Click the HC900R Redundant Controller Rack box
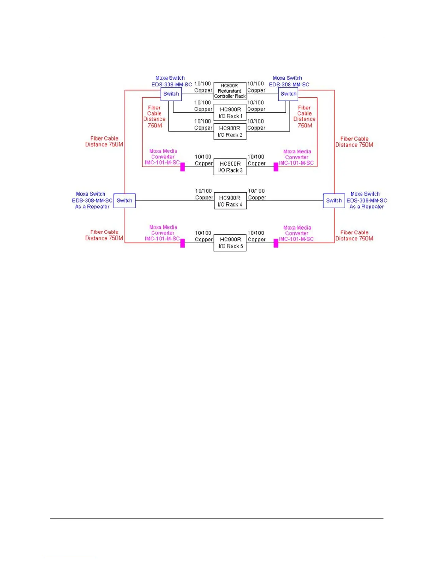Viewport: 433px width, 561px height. [x=230, y=91]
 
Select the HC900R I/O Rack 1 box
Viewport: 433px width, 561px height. [x=230, y=113]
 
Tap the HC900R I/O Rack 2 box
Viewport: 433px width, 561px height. [x=230, y=131]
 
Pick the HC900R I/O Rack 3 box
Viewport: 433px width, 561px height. [x=230, y=167]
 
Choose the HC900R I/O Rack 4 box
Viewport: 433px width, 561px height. [x=230, y=201]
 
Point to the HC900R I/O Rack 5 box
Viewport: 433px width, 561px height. [x=230, y=243]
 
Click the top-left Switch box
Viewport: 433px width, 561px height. [x=171, y=94]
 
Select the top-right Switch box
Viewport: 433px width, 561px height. [x=288, y=94]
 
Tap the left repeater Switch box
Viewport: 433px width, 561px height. [x=125, y=200]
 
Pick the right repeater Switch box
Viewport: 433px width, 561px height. [x=334, y=200]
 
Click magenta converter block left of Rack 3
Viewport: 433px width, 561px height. [x=183, y=167]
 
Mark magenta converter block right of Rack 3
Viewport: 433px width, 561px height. [x=276, y=167]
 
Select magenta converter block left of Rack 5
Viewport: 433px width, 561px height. [x=183, y=243]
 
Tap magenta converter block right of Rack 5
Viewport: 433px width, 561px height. [x=276, y=243]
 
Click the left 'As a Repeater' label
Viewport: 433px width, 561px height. [x=92, y=207]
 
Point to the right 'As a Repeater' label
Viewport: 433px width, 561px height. [x=366, y=207]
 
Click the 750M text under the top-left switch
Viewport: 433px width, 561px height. [x=155, y=125]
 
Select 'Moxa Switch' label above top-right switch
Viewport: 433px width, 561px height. [x=287, y=78]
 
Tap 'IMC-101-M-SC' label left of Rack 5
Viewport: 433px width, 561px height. [x=162, y=239]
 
